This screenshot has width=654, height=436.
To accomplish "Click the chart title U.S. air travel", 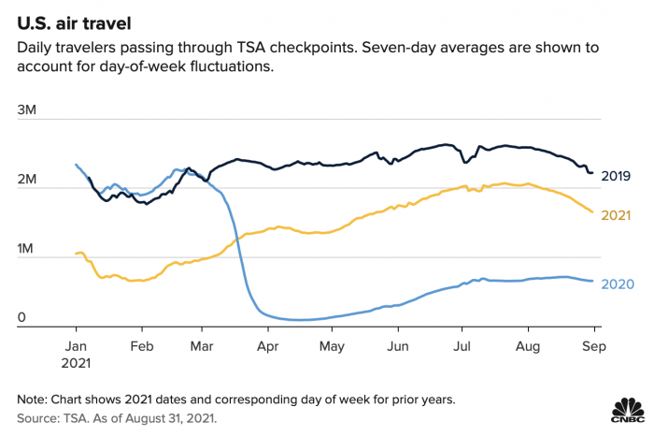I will click(x=78, y=21).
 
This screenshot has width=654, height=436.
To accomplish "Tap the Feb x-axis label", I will click(x=141, y=344).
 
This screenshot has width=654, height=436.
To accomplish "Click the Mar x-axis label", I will click(x=203, y=344).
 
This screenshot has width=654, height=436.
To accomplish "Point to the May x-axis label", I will click(x=333, y=344).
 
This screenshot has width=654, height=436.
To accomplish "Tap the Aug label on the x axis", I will click(x=529, y=344).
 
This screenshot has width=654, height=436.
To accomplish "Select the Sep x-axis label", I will click(x=595, y=344).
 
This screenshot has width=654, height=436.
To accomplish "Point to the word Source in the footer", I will click(x=38, y=418).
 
